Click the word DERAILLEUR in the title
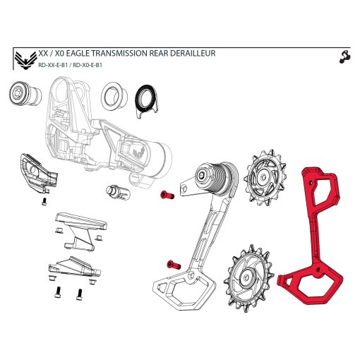pos(190,54)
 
